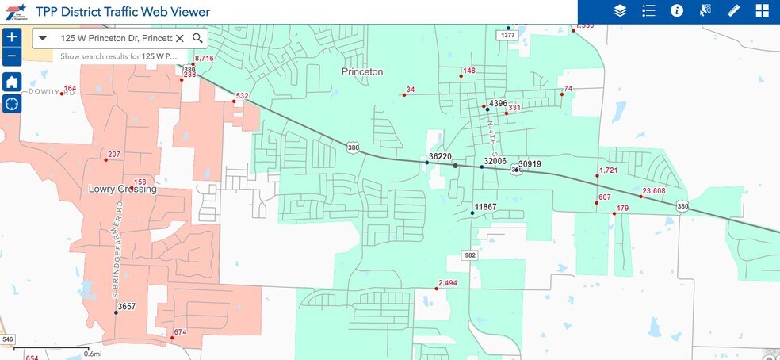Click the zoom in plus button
point(11,36)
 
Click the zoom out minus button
point(11,56)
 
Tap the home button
point(11,82)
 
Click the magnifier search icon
point(197,38)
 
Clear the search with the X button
point(180,38)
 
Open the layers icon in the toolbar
point(620,11)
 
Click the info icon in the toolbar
point(677,11)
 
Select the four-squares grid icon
point(762,11)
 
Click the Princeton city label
point(362,71)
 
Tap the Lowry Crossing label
point(123,190)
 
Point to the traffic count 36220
point(440,157)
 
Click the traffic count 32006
point(495,161)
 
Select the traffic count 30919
point(530,164)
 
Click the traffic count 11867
point(485,207)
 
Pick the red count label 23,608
point(654,190)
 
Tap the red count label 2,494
point(447,283)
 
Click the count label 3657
point(126,306)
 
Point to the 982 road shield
point(470,255)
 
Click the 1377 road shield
point(508,35)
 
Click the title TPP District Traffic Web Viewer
point(123,12)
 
